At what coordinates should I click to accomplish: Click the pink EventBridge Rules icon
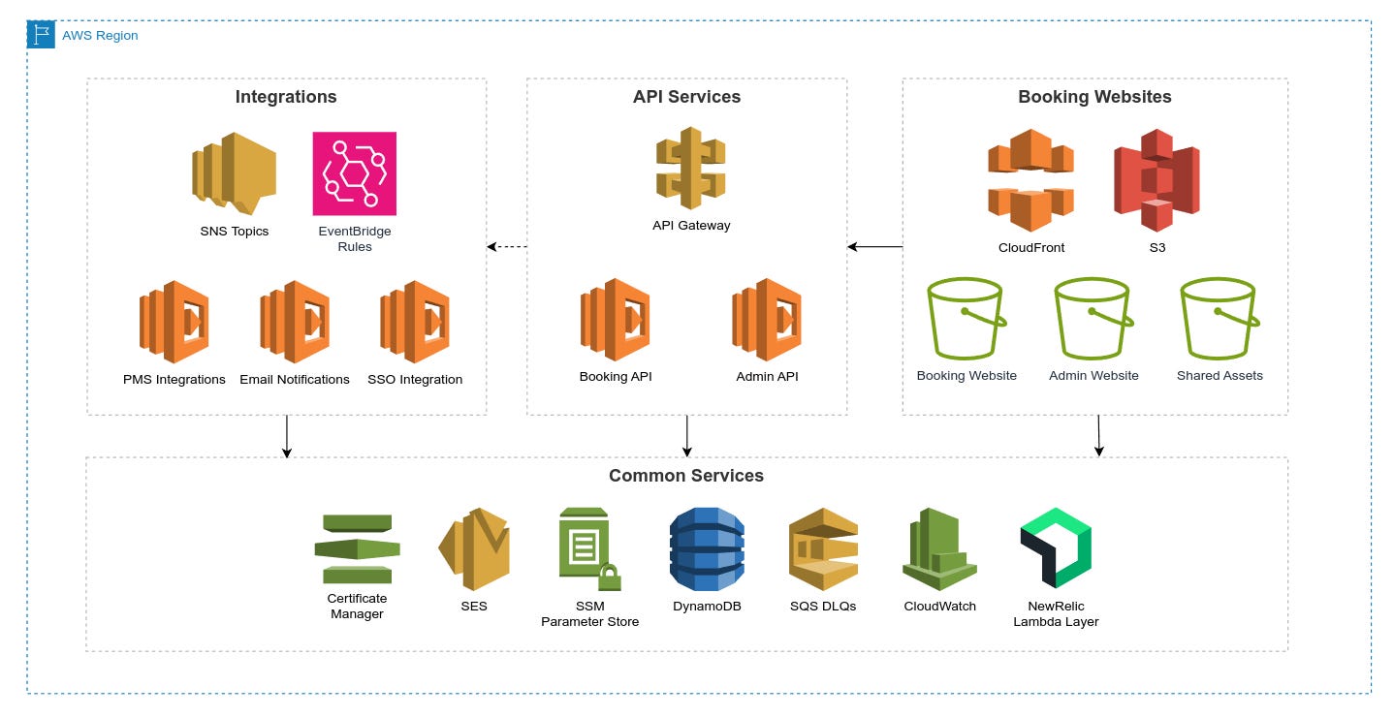(x=354, y=173)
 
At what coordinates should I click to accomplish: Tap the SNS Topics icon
(x=234, y=173)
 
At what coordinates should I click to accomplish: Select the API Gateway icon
(x=690, y=169)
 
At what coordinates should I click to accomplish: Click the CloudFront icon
(x=1030, y=180)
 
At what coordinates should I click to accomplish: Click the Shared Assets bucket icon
(x=1219, y=319)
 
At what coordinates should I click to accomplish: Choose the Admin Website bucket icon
(x=1093, y=319)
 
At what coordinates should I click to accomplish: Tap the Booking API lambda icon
(x=616, y=321)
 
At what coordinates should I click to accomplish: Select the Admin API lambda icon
(x=767, y=321)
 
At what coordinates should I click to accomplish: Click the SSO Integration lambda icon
(x=415, y=323)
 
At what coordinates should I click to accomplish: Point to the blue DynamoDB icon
(x=707, y=548)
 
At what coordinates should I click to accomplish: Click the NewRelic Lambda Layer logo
(x=1056, y=547)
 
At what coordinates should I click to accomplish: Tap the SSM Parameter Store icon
(x=588, y=549)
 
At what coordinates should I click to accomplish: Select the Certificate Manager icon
(x=357, y=549)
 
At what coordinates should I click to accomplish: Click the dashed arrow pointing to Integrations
(x=506, y=247)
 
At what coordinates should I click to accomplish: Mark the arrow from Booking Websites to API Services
(x=874, y=247)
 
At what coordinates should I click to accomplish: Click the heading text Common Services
(x=685, y=476)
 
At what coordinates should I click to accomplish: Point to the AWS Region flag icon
(x=41, y=35)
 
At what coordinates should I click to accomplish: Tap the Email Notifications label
(x=294, y=380)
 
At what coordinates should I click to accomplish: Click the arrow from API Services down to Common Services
(x=686, y=436)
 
